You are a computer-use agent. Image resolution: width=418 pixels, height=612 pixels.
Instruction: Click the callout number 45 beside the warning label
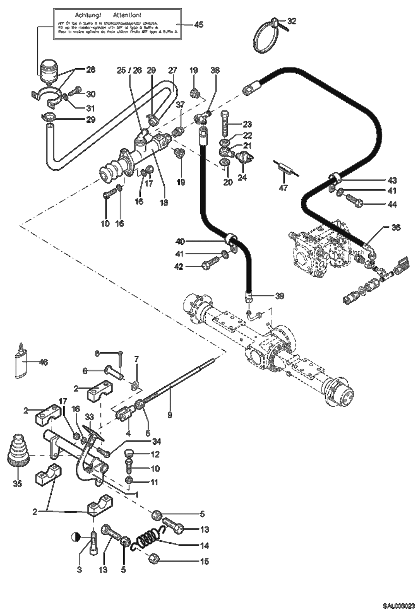(x=198, y=25)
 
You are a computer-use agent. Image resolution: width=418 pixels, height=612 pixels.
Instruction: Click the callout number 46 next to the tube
(x=43, y=362)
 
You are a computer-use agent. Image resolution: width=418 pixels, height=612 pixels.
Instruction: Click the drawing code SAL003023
(x=398, y=605)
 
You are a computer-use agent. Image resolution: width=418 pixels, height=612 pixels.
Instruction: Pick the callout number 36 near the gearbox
(x=396, y=228)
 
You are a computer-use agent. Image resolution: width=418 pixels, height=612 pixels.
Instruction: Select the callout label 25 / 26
(x=129, y=70)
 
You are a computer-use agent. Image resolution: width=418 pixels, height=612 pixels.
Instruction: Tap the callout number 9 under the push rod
(x=170, y=415)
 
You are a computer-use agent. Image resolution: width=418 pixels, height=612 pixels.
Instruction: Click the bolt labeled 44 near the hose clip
(x=354, y=200)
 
